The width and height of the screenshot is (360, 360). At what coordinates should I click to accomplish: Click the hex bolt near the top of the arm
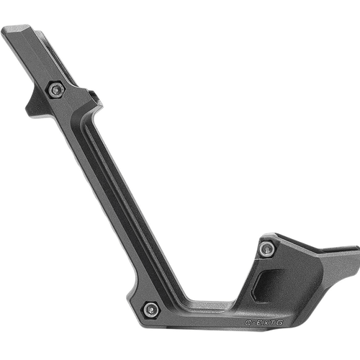56,89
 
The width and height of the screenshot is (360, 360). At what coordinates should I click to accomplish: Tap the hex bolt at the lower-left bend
150,309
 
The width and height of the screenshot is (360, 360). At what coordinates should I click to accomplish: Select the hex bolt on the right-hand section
267,248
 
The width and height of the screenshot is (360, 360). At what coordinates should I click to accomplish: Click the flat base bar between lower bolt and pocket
209,310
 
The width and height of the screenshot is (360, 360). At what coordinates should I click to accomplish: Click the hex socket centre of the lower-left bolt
150,309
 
